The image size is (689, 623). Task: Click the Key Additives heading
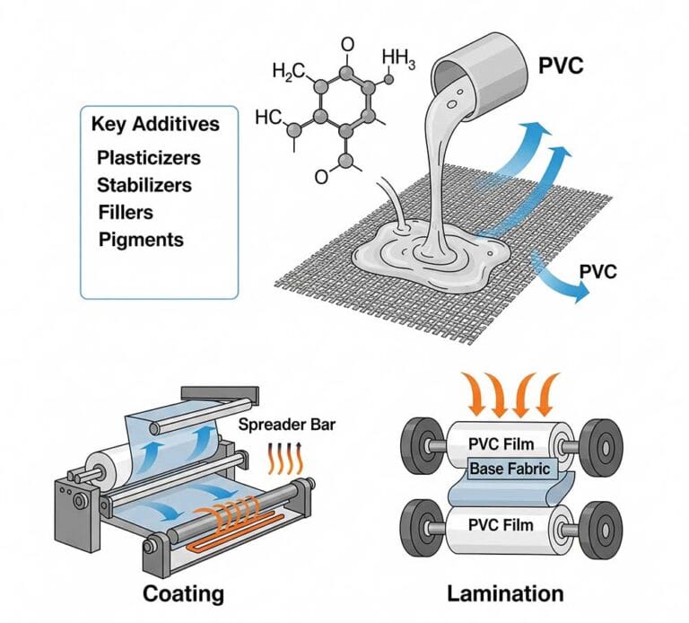pyautogui.click(x=155, y=124)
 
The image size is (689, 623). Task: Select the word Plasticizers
pyautogui.click(x=149, y=158)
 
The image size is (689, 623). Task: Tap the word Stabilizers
pyautogui.click(x=144, y=185)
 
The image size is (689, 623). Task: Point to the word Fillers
pyautogui.click(x=126, y=213)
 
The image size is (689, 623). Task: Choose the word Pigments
pyautogui.click(x=141, y=240)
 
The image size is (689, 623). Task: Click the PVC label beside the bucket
pyautogui.click(x=561, y=66)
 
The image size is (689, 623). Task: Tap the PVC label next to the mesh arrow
pyautogui.click(x=598, y=271)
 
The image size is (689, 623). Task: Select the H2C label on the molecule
pyautogui.click(x=288, y=71)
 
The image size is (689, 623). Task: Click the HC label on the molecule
pyautogui.click(x=268, y=118)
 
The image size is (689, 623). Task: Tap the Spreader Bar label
pyautogui.click(x=287, y=425)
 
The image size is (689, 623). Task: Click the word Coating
pyautogui.click(x=183, y=594)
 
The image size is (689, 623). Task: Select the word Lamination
pyautogui.click(x=505, y=593)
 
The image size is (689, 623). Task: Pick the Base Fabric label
pyautogui.click(x=510, y=469)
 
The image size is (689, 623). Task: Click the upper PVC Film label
pyautogui.click(x=501, y=444)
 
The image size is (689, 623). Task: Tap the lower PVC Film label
pyautogui.click(x=501, y=525)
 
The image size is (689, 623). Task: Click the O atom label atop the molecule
pyautogui.click(x=347, y=44)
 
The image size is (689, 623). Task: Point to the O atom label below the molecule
pyautogui.click(x=321, y=177)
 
